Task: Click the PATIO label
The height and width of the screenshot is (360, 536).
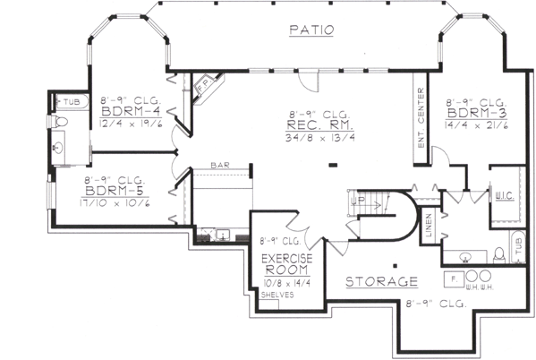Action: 311,30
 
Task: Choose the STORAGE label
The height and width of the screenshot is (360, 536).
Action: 381,281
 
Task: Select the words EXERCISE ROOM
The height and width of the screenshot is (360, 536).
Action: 286,265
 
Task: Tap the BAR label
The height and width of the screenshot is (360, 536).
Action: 220,166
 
